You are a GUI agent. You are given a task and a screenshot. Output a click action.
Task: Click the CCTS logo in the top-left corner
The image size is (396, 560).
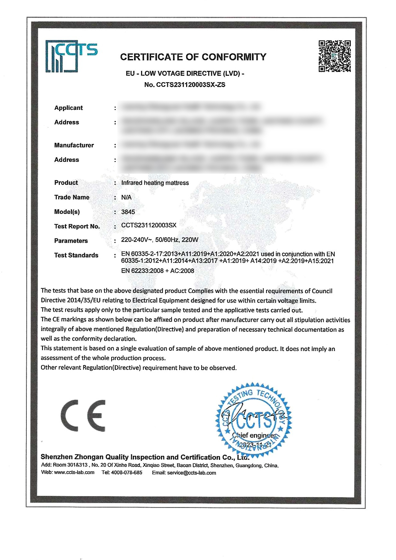(71, 56)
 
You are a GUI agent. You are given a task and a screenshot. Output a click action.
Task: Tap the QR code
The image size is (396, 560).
(334, 56)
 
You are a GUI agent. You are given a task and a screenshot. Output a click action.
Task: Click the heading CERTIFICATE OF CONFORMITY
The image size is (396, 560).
(193, 57)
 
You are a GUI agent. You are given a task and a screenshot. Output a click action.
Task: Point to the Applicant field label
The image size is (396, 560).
(68, 108)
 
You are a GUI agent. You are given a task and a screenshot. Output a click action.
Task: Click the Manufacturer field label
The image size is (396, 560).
(74, 145)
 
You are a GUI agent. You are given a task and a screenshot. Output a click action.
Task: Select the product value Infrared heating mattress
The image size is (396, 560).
(155, 183)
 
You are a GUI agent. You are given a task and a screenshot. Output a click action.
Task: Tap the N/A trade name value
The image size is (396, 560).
(126, 197)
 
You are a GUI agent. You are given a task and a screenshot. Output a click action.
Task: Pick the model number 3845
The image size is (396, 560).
(128, 212)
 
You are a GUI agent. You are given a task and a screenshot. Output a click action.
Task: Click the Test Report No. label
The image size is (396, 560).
(77, 226)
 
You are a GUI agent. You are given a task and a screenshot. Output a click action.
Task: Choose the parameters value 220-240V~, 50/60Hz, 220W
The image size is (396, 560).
(160, 240)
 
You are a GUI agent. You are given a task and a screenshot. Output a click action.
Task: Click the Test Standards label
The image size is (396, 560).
(76, 255)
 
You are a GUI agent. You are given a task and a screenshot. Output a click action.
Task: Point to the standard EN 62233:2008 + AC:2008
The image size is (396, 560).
(157, 271)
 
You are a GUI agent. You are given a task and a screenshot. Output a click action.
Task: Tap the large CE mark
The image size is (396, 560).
(83, 416)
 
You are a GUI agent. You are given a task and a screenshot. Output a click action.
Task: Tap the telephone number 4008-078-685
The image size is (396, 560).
(127, 472)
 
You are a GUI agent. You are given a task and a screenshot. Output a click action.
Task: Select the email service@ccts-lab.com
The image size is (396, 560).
(192, 473)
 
